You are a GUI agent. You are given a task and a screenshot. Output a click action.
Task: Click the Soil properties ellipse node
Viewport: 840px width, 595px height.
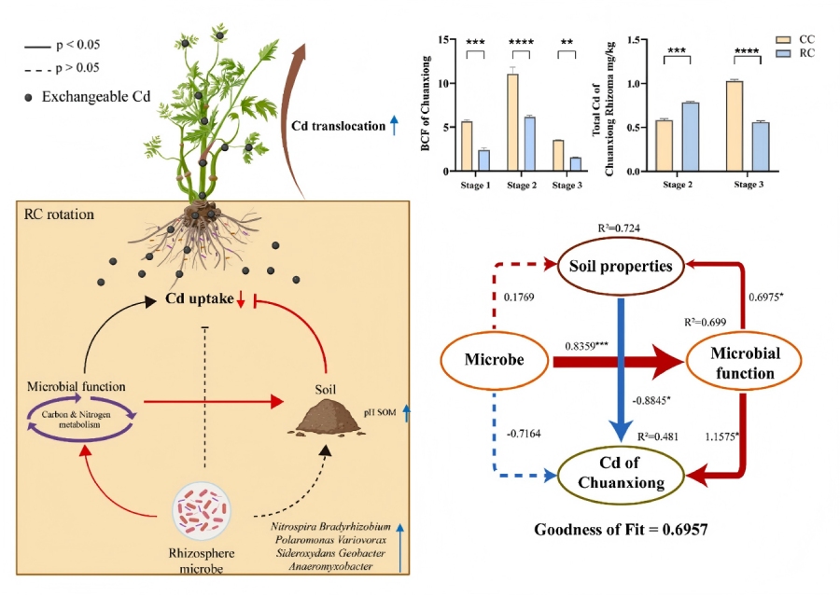pyautogui.click(x=621, y=266)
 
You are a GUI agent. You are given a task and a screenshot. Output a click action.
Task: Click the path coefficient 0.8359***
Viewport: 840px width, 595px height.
pyautogui.click(x=587, y=345)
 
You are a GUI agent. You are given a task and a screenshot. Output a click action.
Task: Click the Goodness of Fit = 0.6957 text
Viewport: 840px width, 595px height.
pyautogui.click(x=620, y=529)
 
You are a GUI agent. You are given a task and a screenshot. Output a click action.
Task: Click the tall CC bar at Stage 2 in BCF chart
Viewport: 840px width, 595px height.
pyautogui.click(x=512, y=122)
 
